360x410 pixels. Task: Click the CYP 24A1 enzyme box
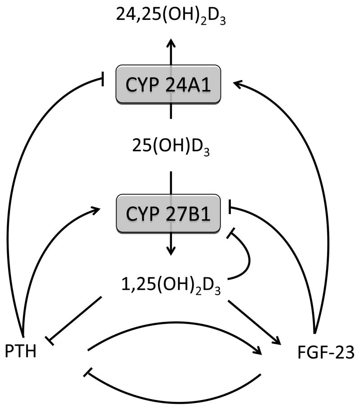tap(169, 84)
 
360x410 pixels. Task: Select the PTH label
tap(21, 351)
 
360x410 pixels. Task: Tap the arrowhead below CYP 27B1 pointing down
tap(170, 250)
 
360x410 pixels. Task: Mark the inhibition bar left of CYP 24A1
tap(102, 80)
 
